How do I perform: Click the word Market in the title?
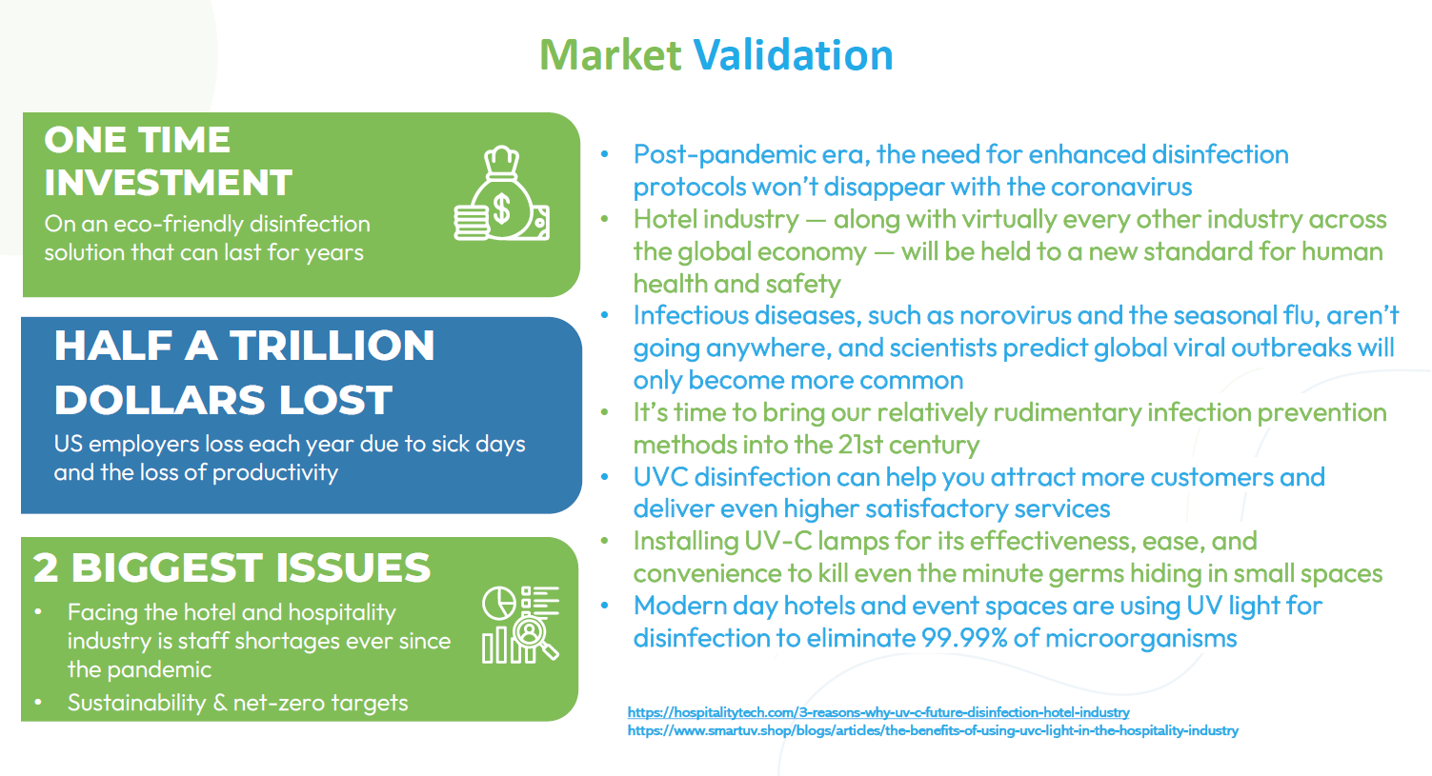click(611, 55)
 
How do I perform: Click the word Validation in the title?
click(794, 55)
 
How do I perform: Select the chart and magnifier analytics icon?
click(520, 625)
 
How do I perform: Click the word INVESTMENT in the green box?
click(168, 183)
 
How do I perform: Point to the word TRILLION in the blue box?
click(333, 346)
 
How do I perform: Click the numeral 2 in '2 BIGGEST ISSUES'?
click(46, 567)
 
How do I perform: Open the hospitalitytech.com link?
click(878, 712)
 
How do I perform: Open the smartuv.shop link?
click(933, 730)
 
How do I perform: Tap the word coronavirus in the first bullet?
click(1121, 188)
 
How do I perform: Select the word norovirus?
click(1016, 315)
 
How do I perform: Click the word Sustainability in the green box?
click(137, 703)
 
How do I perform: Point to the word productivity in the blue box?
click(275, 472)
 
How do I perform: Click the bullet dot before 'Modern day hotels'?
click(605, 605)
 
